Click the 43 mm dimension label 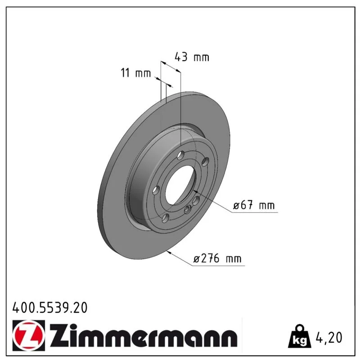[192, 57]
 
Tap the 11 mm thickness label [136, 73]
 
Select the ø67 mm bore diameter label [254, 205]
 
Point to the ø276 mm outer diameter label [217, 258]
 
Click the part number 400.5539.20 [50, 308]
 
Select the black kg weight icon [300, 336]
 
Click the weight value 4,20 [329, 337]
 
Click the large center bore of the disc [181, 185]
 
